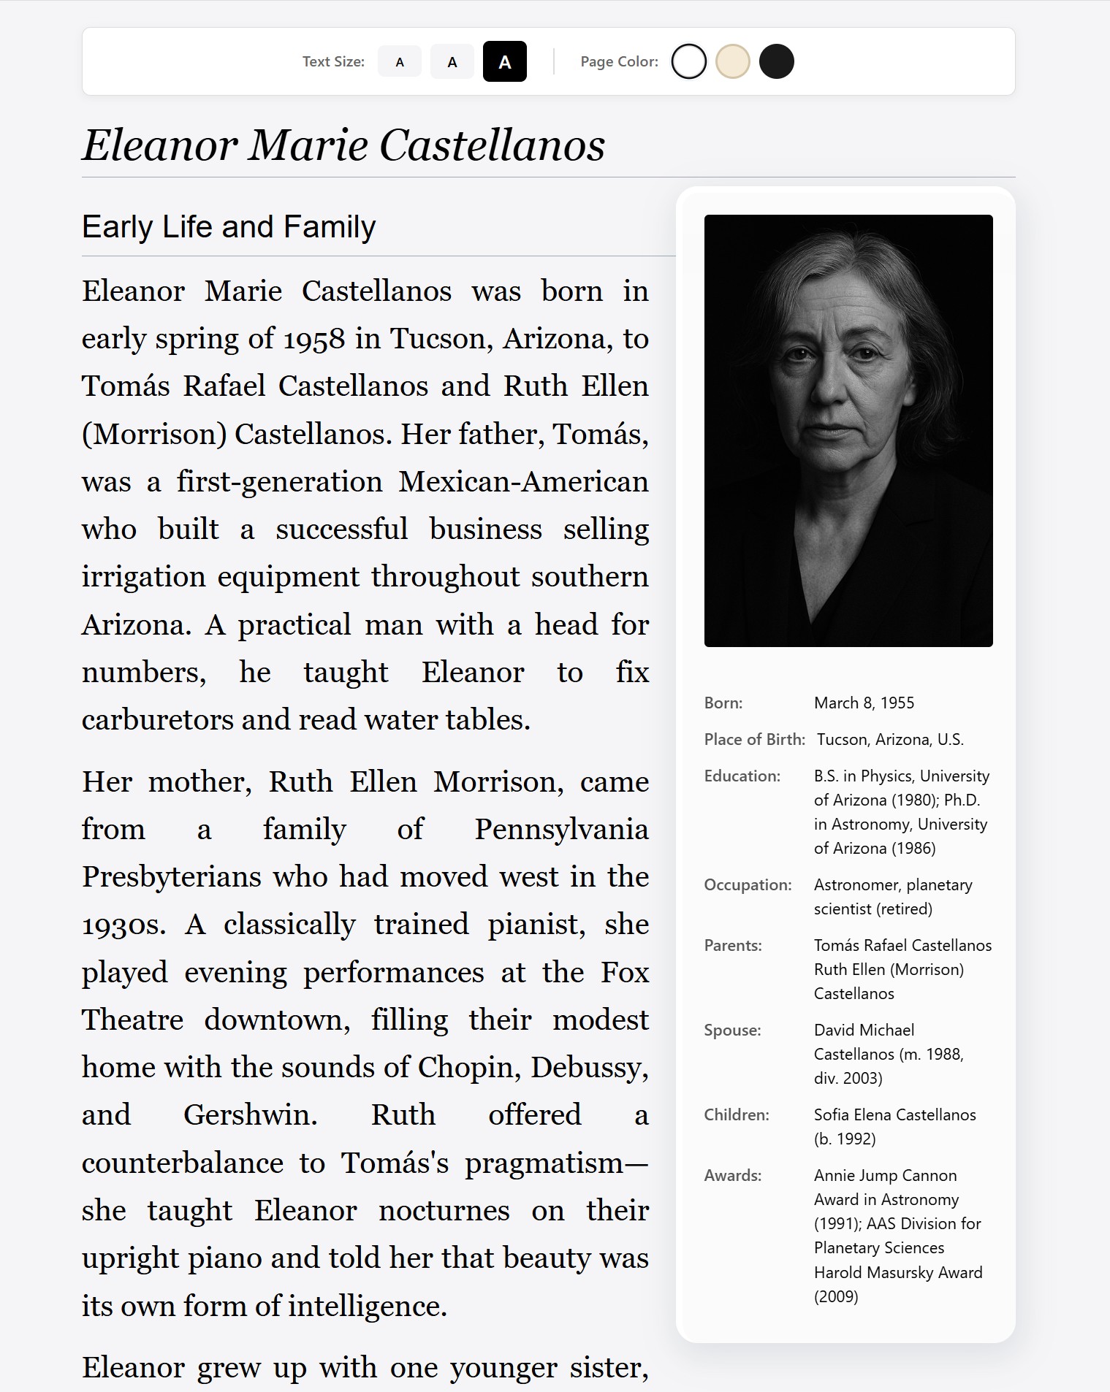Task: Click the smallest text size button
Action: tap(399, 62)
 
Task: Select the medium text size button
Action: tap(452, 62)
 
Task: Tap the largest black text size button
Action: tap(504, 62)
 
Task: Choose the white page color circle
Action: tap(688, 61)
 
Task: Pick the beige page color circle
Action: tap(732, 61)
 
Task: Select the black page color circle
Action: tap(776, 61)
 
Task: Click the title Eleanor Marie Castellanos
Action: tap(343, 145)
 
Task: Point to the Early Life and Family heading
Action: tap(229, 227)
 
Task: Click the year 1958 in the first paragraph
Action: tap(314, 340)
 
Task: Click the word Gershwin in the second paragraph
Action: tap(250, 1115)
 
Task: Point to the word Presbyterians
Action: tap(171, 877)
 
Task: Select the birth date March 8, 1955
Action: tap(864, 703)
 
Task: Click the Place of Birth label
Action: tap(754, 739)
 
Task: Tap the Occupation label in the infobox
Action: tap(748, 884)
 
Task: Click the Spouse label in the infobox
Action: tap(732, 1030)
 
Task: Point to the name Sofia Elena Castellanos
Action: tap(894, 1114)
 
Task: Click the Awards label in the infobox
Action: tap(732, 1175)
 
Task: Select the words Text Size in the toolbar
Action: tap(333, 62)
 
